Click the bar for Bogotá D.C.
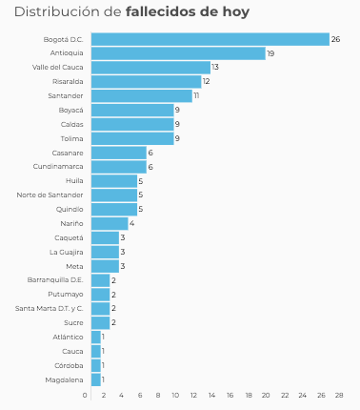click(x=210, y=39)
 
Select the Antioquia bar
click(x=178, y=53)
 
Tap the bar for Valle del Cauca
click(x=150, y=68)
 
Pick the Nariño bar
click(x=110, y=223)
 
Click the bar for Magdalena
click(x=96, y=379)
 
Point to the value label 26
click(x=335, y=39)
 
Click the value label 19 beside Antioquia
click(x=270, y=53)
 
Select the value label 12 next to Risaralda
click(x=207, y=81)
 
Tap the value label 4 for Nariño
click(x=131, y=223)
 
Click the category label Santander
click(x=66, y=95)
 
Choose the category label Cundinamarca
click(x=58, y=167)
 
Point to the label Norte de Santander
click(x=50, y=195)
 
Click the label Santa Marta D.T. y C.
click(x=50, y=308)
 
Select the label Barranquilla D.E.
click(x=55, y=280)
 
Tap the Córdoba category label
click(x=69, y=365)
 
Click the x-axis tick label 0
click(x=85, y=396)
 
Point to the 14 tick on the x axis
click(x=211, y=396)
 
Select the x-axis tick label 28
click(x=339, y=396)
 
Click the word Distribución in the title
click(x=57, y=11)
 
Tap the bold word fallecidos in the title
click(x=160, y=11)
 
